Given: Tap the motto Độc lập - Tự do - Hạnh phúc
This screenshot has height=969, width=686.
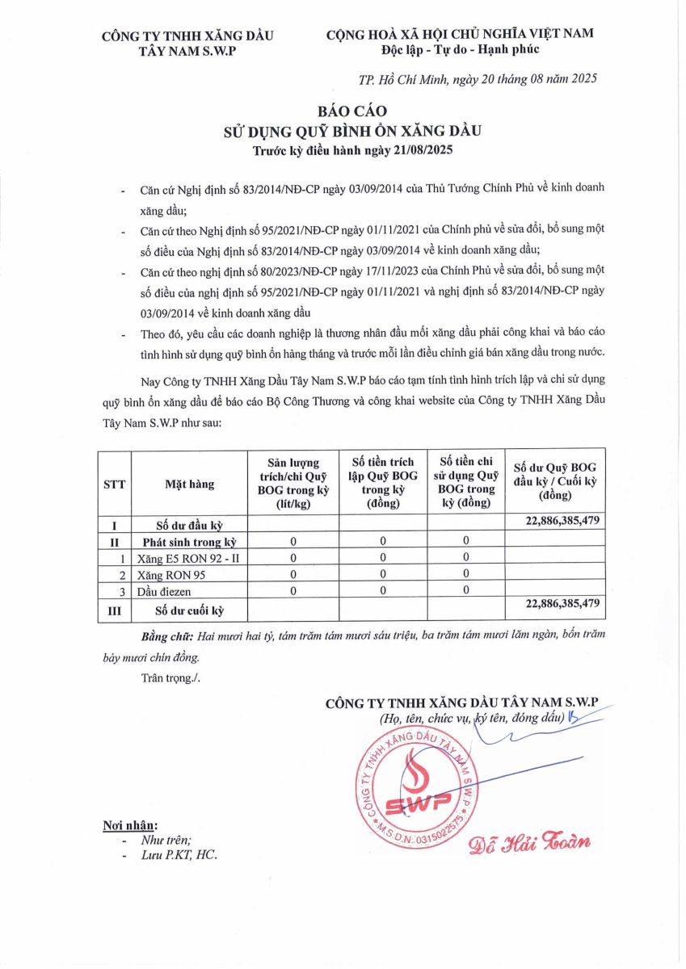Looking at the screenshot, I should coord(460,49).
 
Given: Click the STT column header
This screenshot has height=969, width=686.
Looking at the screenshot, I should coord(114,484).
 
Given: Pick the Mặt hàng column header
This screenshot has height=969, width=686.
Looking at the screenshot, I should coord(190,484).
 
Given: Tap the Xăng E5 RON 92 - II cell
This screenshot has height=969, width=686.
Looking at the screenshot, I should coord(185,557).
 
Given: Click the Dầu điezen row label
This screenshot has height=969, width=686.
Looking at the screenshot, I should coord(164,591).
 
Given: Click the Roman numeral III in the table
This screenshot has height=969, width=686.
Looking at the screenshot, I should coord(114,610).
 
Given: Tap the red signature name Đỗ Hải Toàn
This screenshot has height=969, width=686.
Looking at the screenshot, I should coord(529,841).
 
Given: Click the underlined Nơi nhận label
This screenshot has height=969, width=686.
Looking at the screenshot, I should coord(130,825).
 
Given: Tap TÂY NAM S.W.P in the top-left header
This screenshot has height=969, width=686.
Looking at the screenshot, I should coord(187,50).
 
